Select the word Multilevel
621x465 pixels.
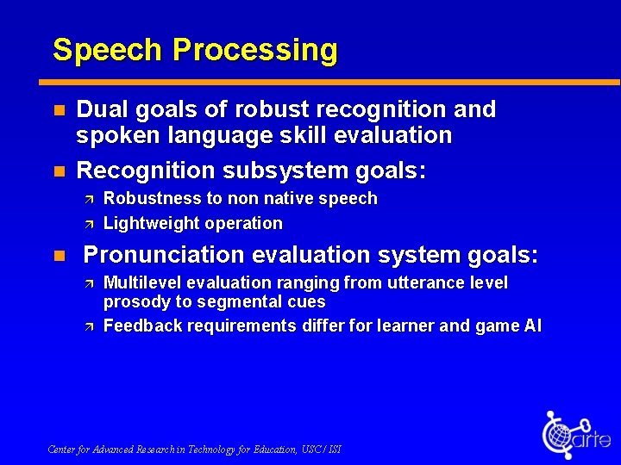pos(142,282)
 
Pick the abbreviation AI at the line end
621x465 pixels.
pos(531,325)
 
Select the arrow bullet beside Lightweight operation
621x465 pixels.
pos(89,224)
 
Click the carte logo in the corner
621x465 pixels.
pos(574,435)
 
